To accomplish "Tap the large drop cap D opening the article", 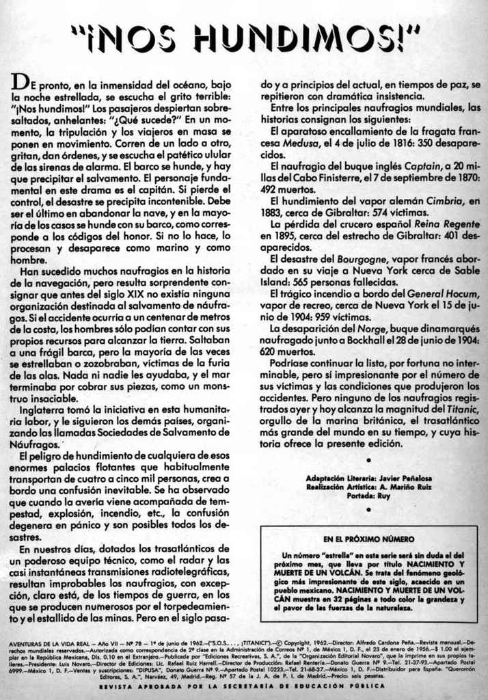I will pos(19,84).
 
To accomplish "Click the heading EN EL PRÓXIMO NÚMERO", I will pos(369,539).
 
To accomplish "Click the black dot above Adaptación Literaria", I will pos(369,460).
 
